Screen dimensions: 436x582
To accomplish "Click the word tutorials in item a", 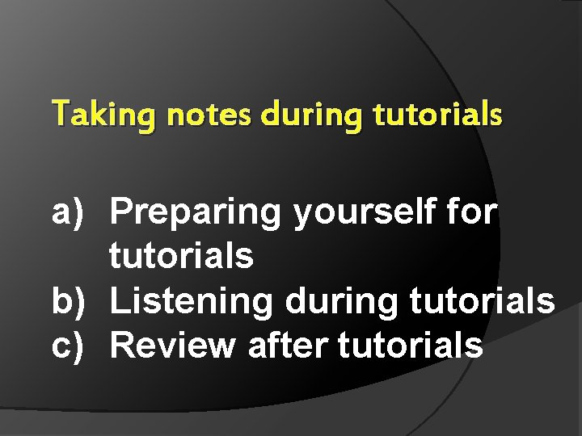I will (x=181, y=257).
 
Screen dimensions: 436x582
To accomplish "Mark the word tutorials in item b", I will (x=483, y=301).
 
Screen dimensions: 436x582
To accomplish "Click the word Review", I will (x=173, y=345).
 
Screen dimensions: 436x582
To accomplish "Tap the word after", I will (x=288, y=345).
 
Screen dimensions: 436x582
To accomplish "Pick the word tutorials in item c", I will (x=411, y=345).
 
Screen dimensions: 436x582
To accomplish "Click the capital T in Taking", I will (x=60, y=114).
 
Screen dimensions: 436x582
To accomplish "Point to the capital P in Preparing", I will (x=122, y=212).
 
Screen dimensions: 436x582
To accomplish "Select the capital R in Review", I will (x=123, y=345).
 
